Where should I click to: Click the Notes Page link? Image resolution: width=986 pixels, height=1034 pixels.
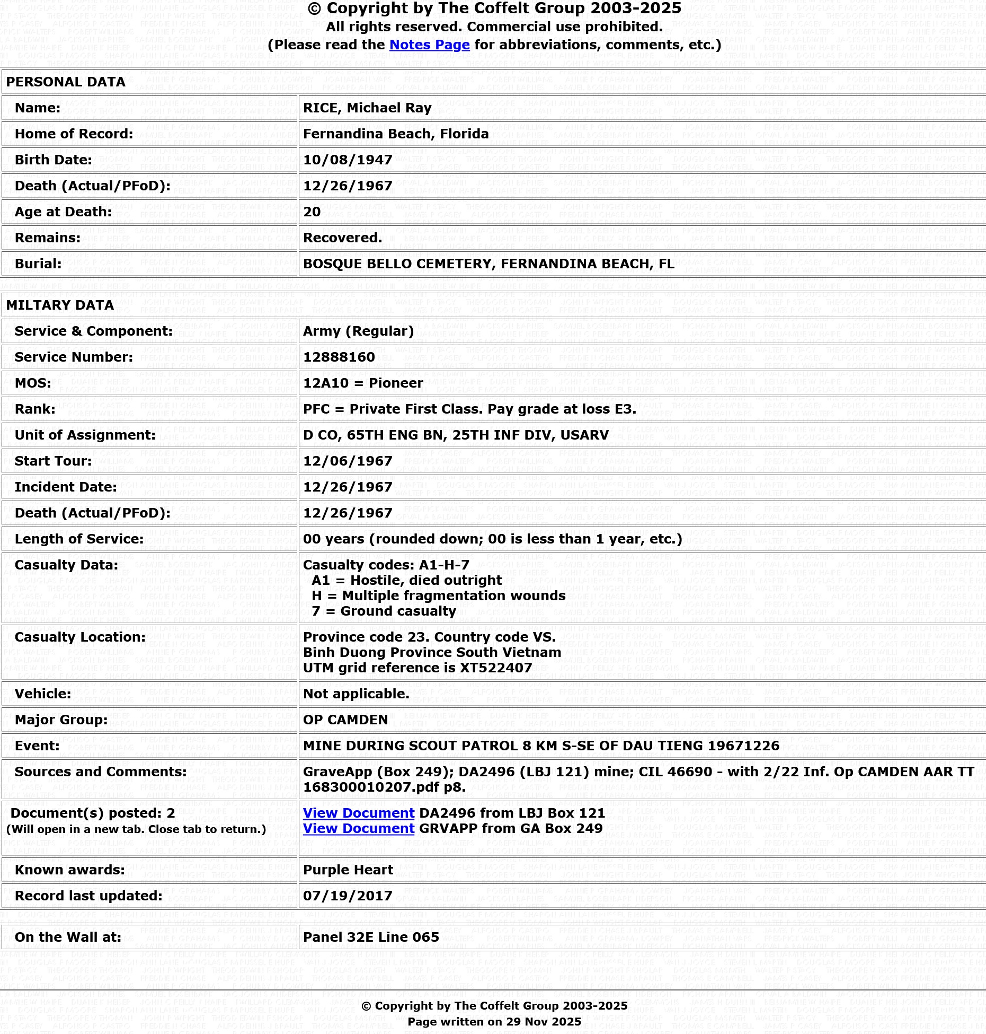429,45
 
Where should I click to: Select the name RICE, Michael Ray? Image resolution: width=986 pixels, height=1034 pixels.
367,108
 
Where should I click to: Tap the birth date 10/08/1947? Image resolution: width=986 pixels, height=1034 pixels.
348,160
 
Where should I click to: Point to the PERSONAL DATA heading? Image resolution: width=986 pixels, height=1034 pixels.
66,82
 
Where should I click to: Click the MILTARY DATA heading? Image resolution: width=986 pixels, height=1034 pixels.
60,305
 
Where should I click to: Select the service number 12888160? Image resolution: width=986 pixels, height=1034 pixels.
339,357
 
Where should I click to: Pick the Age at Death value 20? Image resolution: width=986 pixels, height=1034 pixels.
312,212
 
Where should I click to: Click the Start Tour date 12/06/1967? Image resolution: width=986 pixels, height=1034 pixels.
348,461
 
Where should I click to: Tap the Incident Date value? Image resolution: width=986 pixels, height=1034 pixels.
348,487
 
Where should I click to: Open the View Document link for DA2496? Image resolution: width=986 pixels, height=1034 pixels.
359,813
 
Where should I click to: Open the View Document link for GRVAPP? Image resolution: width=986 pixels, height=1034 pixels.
359,829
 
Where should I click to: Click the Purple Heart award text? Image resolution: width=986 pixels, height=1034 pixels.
348,870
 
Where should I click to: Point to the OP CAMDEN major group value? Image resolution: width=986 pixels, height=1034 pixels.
345,720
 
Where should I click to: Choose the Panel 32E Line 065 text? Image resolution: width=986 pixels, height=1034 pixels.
371,937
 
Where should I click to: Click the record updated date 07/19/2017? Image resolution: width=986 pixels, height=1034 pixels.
348,896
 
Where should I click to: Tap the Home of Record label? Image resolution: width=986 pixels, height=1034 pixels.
74,134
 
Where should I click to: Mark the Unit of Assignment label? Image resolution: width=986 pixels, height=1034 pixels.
85,435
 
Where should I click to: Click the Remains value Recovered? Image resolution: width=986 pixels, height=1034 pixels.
342,238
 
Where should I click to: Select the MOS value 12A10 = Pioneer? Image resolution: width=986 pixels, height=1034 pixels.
363,383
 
